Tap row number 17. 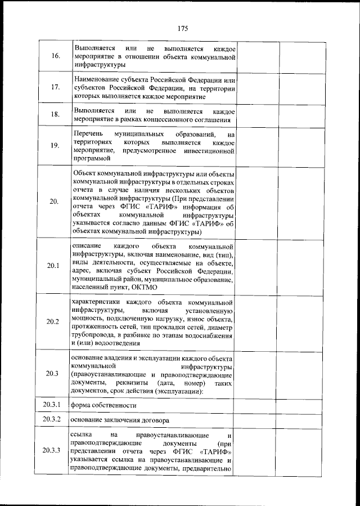pyautogui.click(x=54, y=88)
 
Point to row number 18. pyautogui.click(x=54, y=115)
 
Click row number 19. pyautogui.click(x=54, y=146)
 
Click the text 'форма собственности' pyautogui.click(x=103, y=405)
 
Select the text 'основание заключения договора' pyautogui.click(x=119, y=420)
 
